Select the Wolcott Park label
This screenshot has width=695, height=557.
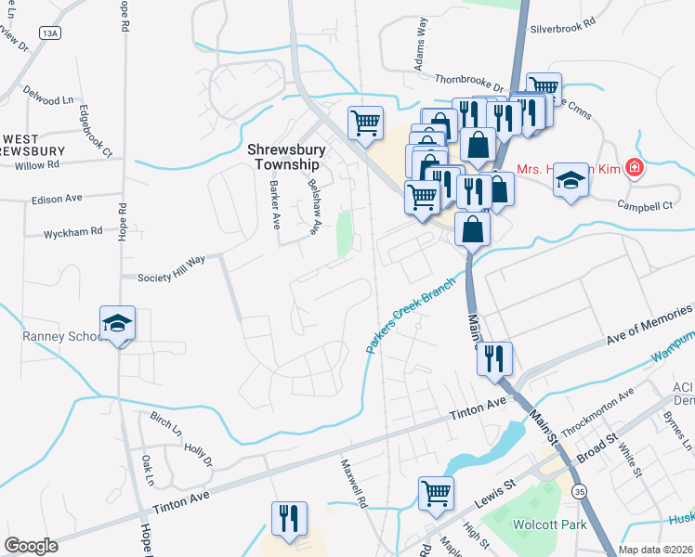(x=545, y=524)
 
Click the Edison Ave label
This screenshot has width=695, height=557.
(x=57, y=199)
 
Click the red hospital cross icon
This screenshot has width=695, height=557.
(x=635, y=168)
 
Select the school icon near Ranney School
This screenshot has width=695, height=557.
(x=118, y=323)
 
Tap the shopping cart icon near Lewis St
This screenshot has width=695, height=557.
(x=435, y=493)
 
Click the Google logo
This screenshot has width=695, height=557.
(x=31, y=546)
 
